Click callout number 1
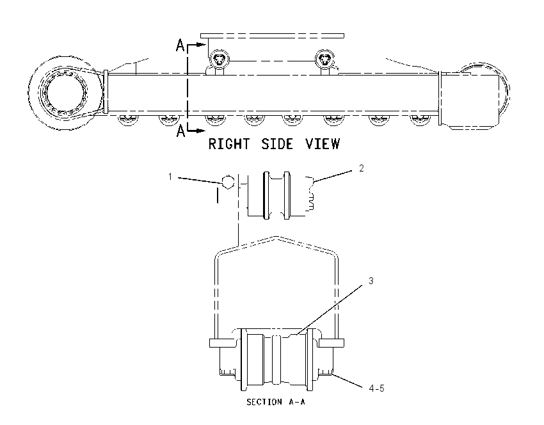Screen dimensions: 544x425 coord(170,177)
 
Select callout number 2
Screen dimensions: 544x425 coord(362,168)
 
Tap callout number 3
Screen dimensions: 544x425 coord(371,281)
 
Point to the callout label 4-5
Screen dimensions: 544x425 coord(376,389)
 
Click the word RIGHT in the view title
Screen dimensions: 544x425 coord(229,144)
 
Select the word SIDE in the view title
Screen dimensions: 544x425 coord(277,144)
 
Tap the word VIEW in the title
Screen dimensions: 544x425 coord(323,144)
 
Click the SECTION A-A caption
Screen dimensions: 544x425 coord(276,402)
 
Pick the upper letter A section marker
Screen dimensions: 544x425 coord(180,45)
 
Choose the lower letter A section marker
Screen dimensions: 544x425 coord(180,131)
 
